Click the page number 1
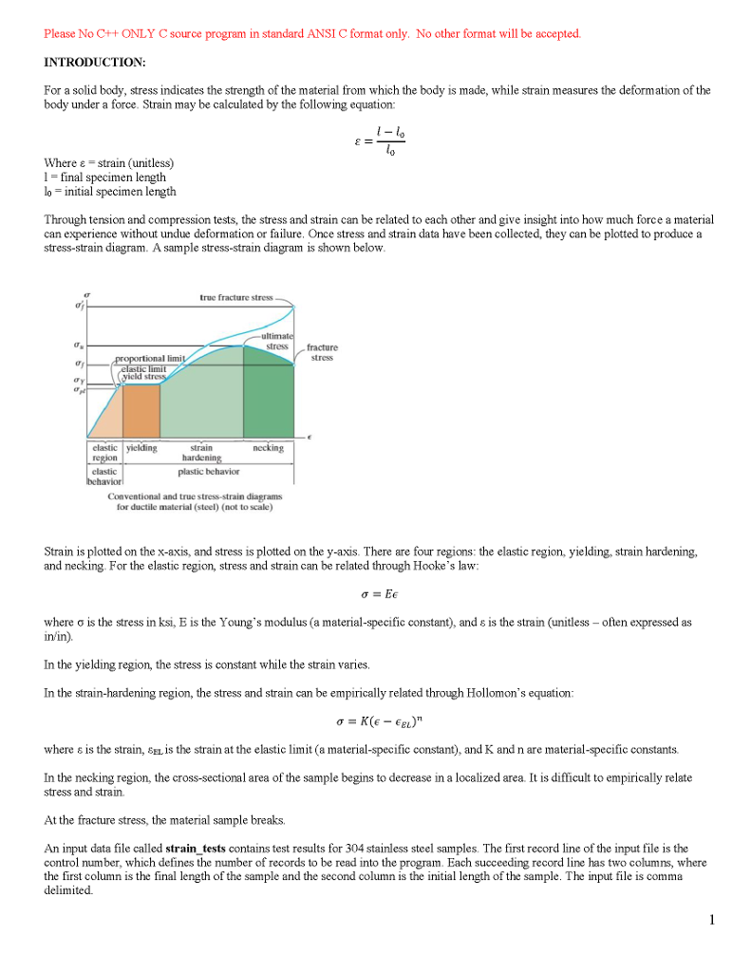click(x=710, y=919)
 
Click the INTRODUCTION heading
click(x=95, y=63)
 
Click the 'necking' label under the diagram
click(x=269, y=447)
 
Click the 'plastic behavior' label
click(x=209, y=471)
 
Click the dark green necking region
click(x=269, y=399)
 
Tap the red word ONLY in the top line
click(x=113, y=34)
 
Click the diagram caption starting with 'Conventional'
click(x=195, y=501)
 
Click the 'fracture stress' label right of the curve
click(x=322, y=352)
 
